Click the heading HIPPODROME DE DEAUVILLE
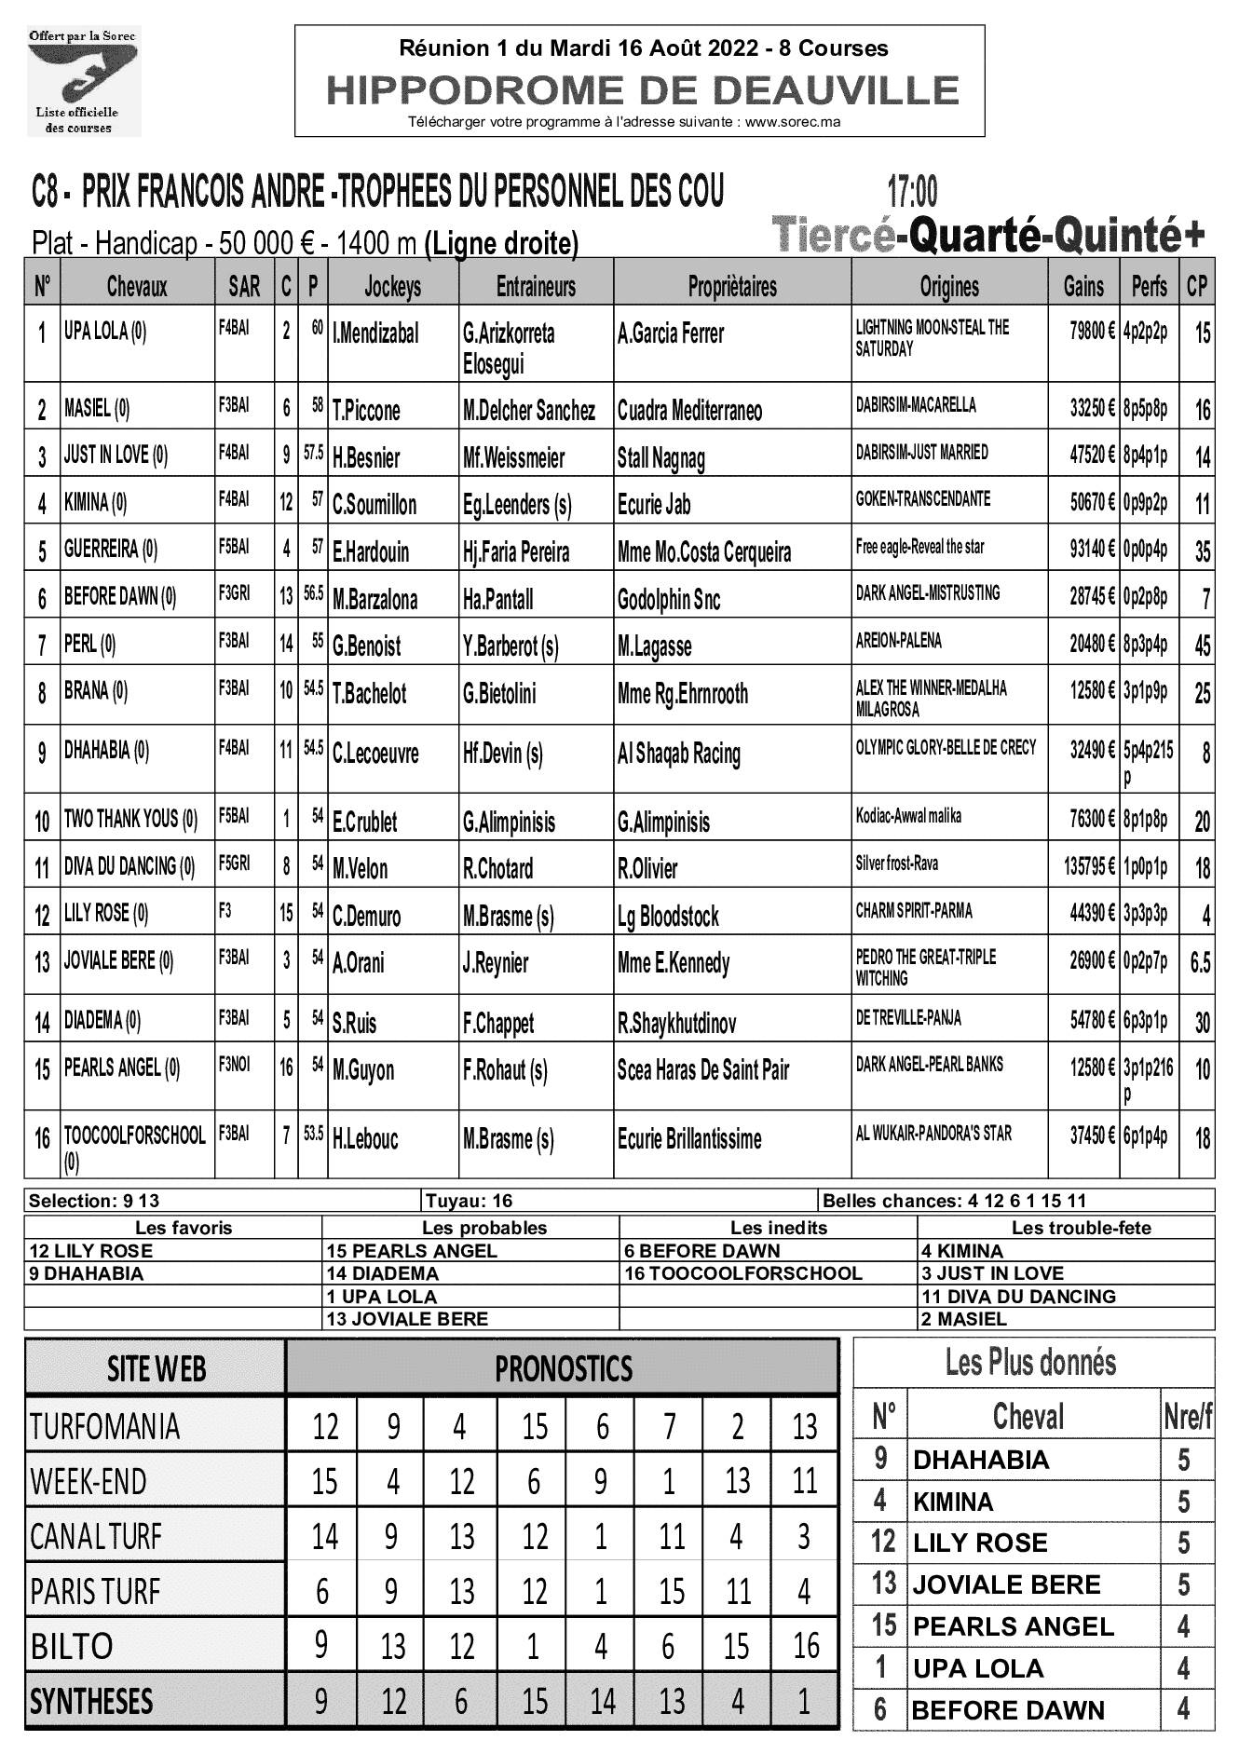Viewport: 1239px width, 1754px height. pos(642,90)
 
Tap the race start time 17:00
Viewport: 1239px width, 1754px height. pos(912,192)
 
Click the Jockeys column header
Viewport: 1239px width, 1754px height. pos(392,287)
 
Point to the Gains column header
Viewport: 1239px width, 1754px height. pos(1083,287)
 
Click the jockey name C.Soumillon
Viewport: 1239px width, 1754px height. pos(374,505)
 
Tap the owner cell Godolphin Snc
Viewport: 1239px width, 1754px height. pos(669,600)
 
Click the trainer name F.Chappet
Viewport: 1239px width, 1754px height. pos(498,1024)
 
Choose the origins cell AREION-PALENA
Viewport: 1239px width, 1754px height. pos(898,641)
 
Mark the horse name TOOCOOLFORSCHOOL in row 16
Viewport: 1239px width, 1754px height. pos(134,1135)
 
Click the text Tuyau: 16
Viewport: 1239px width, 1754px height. pos(469,1201)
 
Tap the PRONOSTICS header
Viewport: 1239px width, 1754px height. pos(563,1368)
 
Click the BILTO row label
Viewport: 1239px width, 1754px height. pos(72,1646)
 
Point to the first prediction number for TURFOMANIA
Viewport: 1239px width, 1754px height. pos(325,1426)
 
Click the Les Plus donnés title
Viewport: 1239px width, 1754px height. pos(1030,1363)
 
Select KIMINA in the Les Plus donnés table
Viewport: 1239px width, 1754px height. pos(953,1502)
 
